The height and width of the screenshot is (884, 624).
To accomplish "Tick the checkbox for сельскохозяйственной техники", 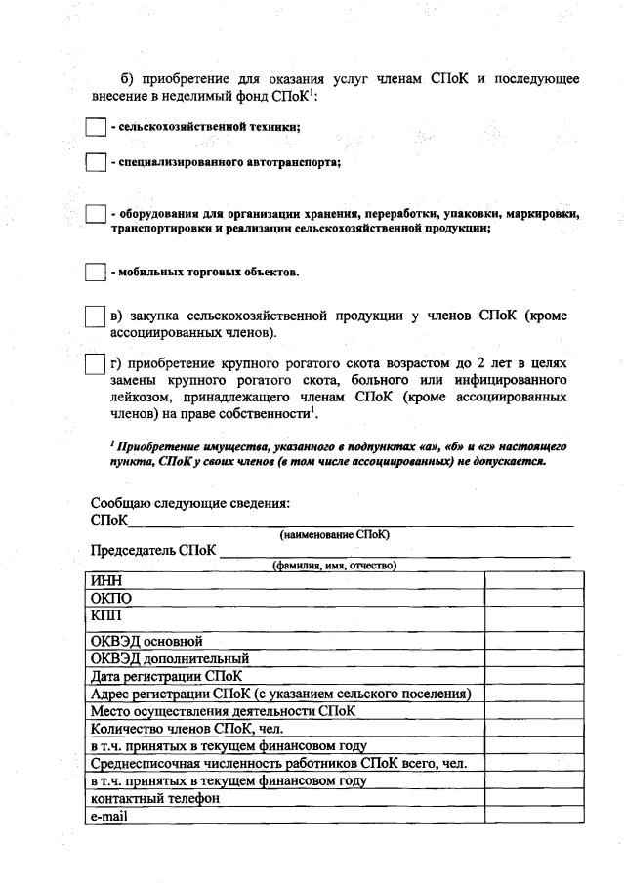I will tap(96, 127).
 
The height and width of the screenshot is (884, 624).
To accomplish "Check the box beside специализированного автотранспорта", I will tap(96, 162).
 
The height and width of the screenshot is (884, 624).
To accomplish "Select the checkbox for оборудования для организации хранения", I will tap(96, 214).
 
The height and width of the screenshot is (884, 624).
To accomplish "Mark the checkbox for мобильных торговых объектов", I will tap(96, 272).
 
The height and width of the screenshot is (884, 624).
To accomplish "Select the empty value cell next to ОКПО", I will tap(534, 598).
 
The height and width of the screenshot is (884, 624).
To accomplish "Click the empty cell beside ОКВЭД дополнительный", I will tap(534, 658).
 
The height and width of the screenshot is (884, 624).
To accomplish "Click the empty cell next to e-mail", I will tap(534, 816).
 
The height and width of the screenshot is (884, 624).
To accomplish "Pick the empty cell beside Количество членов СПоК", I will tap(534, 728).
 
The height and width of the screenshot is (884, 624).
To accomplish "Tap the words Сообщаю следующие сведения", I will tap(190, 504).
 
